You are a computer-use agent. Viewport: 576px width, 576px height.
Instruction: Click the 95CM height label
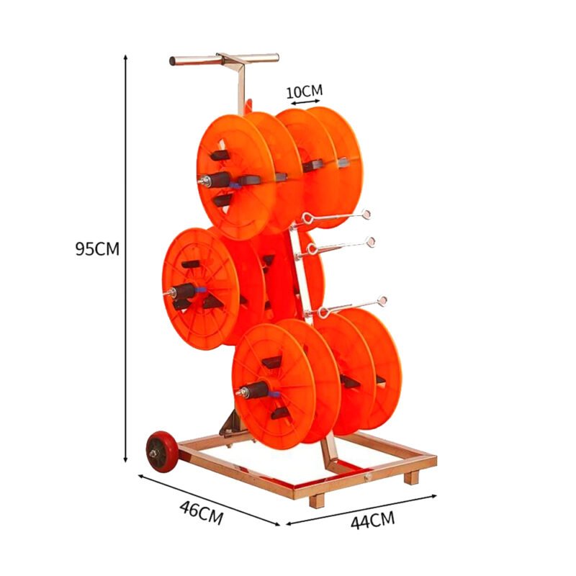pos(97,249)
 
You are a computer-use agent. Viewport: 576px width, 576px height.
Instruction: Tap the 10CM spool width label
pos(304,91)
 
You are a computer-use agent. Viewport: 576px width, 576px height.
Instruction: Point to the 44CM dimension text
pos(372,520)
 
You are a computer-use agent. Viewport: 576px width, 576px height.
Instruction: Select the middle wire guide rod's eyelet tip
pos(370,241)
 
